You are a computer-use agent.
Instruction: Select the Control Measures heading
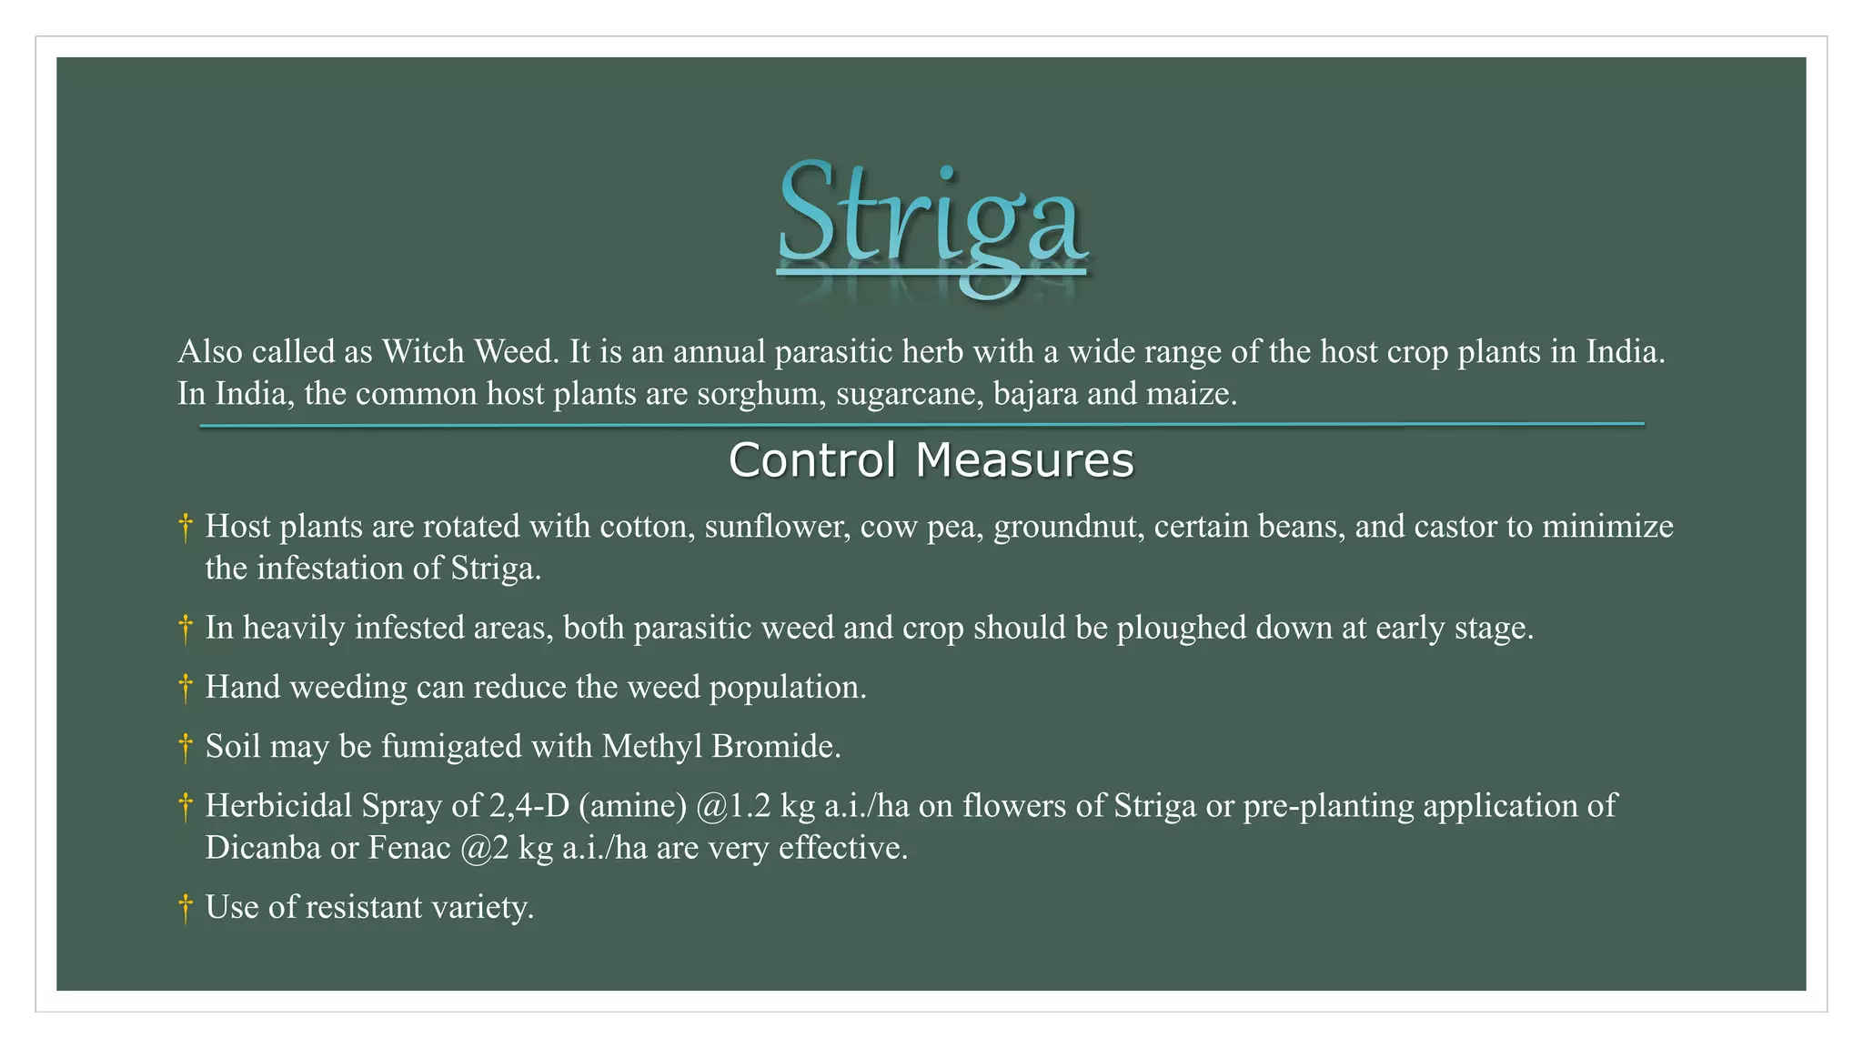tap(931, 459)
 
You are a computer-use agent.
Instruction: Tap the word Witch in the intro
tap(423, 351)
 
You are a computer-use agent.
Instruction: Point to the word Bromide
tap(775, 746)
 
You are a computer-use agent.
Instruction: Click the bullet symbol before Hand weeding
tap(186, 688)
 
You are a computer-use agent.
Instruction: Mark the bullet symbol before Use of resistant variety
tap(186, 908)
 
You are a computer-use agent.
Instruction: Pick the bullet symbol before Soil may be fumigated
tap(186, 747)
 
